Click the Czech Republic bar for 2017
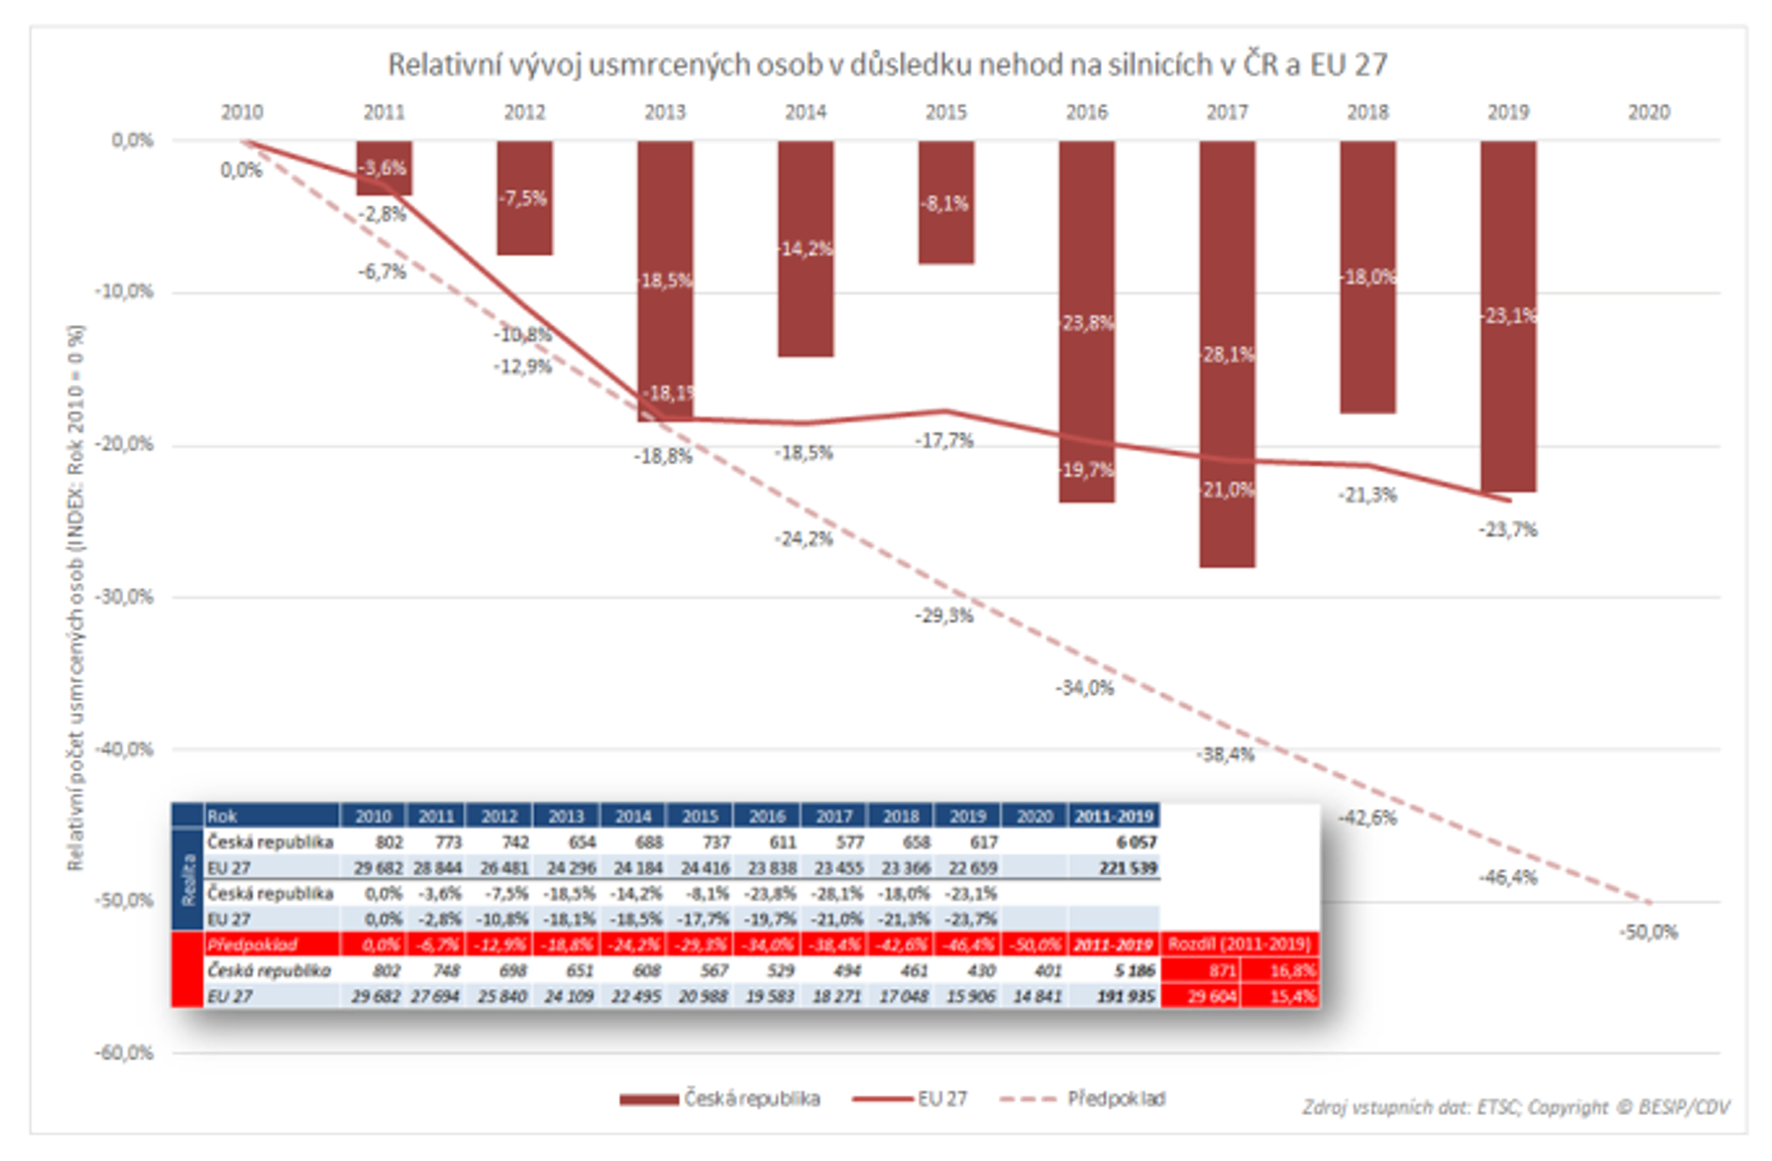[1226, 417]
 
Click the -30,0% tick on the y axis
[124, 597]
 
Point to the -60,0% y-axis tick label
[124, 1053]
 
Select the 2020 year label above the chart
[1649, 112]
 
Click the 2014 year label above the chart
[806, 112]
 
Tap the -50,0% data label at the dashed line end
[1649, 931]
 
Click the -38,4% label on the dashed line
[1226, 754]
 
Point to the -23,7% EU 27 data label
[1508, 530]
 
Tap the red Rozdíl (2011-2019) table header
[1239, 945]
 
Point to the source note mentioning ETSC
[1516, 1107]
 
